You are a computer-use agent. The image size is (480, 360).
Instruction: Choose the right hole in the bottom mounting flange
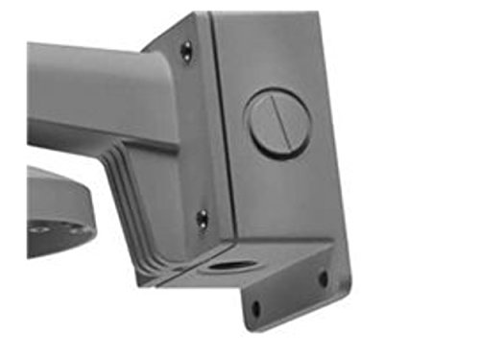pos(323,278)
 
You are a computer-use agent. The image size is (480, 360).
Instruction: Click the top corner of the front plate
pos(196,15)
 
